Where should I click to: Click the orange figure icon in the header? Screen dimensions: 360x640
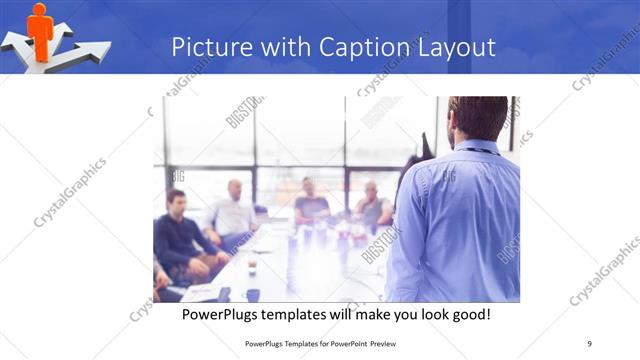click(40, 27)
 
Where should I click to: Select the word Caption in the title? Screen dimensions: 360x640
click(367, 47)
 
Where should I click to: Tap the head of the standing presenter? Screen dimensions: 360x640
click(478, 118)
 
